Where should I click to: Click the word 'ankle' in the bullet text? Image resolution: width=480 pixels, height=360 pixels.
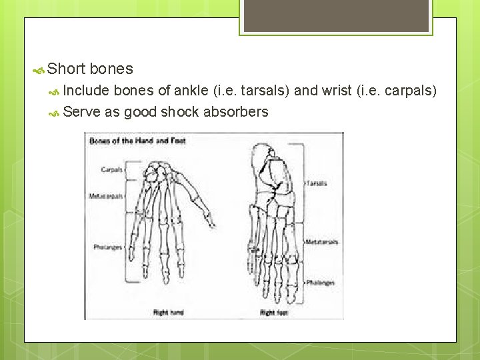193,91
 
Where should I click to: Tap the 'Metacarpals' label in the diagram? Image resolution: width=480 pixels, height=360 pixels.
105,196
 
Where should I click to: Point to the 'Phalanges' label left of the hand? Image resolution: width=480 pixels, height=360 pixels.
108,247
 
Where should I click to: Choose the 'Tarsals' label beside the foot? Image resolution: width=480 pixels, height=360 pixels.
317,183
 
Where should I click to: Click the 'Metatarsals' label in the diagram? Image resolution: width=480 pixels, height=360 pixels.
322,241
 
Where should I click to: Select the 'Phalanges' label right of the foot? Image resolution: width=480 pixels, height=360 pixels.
320,283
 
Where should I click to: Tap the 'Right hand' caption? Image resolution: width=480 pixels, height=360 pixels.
169,312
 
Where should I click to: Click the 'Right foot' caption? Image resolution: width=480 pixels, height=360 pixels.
273,312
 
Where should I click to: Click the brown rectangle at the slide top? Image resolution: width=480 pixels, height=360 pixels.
336,15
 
